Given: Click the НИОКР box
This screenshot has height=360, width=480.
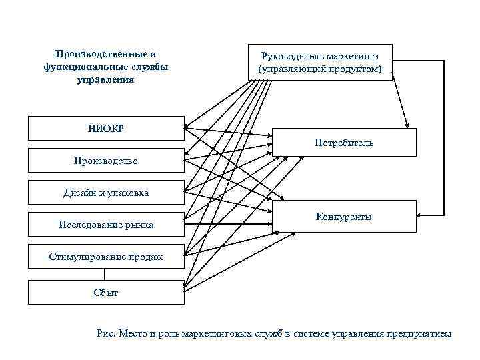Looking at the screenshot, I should point(105,129).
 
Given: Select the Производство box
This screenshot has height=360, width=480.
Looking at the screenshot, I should point(105,161).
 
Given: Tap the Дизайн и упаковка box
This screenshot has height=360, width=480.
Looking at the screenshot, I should point(105,193).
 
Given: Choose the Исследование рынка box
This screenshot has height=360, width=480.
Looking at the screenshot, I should point(105,225).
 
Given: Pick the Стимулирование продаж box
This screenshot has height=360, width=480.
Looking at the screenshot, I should point(105,257).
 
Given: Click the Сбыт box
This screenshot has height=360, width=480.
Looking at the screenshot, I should point(105,293).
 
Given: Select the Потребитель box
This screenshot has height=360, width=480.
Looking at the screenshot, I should point(345,142).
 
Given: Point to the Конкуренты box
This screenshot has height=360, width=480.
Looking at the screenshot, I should point(345,217).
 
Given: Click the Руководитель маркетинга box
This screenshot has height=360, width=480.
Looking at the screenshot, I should point(320,62).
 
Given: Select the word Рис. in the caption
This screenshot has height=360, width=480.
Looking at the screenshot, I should point(107,333).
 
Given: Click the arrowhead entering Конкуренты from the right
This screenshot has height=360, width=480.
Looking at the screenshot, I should point(420,215).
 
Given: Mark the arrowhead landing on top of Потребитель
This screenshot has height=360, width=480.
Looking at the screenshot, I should point(406,125).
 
